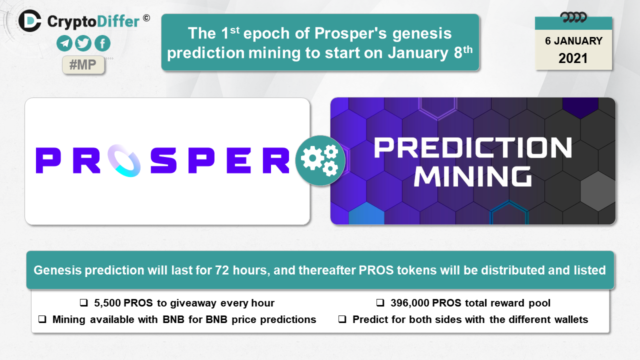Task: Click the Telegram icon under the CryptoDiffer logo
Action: (x=64, y=43)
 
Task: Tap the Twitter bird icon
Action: (x=83, y=43)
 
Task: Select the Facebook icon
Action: (x=102, y=43)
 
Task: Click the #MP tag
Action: (x=83, y=65)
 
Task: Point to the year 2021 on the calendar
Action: (x=573, y=58)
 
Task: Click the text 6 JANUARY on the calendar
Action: (x=573, y=41)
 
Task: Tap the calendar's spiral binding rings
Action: (x=573, y=17)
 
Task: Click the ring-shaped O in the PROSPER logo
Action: (x=124, y=160)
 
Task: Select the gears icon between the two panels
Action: (x=320, y=160)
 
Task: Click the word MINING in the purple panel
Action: (x=473, y=176)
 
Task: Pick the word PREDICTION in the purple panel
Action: (x=473, y=147)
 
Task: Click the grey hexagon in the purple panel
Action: (x=598, y=191)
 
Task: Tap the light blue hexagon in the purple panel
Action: (x=366, y=213)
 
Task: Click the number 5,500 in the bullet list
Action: (x=107, y=303)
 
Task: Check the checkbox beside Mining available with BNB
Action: (x=42, y=319)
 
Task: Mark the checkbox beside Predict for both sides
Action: (x=342, y=319)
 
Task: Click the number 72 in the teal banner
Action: (x=222, y=270)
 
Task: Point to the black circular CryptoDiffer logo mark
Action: (x=29, y=20)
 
